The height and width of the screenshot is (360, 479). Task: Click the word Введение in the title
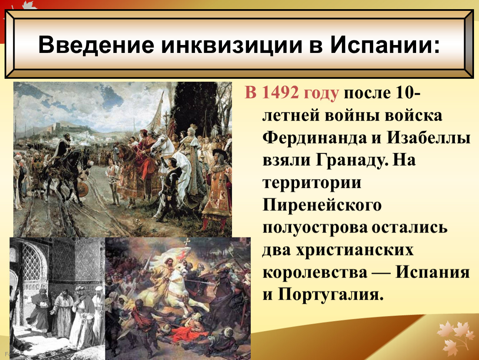click(x=96, y=45)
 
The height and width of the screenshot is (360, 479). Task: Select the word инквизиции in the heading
click(x=232, y=45)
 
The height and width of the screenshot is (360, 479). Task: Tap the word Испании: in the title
click(x=385, y=45)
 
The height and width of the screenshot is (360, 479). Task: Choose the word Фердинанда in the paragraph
click(x=314, y=138)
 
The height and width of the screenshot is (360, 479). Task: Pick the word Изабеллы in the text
click(x=429, y=137)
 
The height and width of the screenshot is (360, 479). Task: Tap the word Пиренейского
click(x=322, y=205)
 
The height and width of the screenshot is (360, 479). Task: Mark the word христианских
click(x=354, y=250)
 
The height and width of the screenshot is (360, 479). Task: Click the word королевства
click(x=314, y=272)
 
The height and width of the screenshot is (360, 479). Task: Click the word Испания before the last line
click(x=433, y=272)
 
